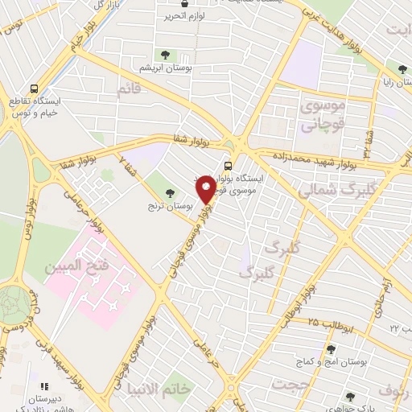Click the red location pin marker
[206, 189]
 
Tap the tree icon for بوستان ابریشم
[165, 55]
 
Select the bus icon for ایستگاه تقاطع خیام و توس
[34, 89]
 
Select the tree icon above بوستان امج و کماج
[331, 349]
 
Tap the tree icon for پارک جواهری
[349, 396]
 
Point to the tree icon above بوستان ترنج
[169, 192]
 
